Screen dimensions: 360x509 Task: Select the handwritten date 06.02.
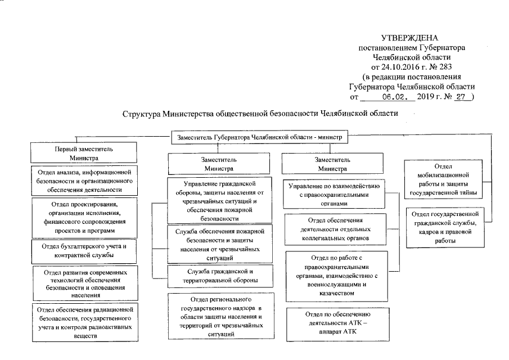(396, 96)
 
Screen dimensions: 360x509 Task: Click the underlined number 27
(461, 96)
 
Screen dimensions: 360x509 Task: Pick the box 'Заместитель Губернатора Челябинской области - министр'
(260, 136)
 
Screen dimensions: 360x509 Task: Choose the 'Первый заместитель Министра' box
(83, 154)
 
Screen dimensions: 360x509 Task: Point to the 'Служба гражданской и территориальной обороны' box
(219, 276)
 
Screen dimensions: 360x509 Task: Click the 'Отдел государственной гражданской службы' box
(445, 227)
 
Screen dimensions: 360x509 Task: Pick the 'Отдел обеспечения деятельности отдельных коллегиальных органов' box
(335, 229)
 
